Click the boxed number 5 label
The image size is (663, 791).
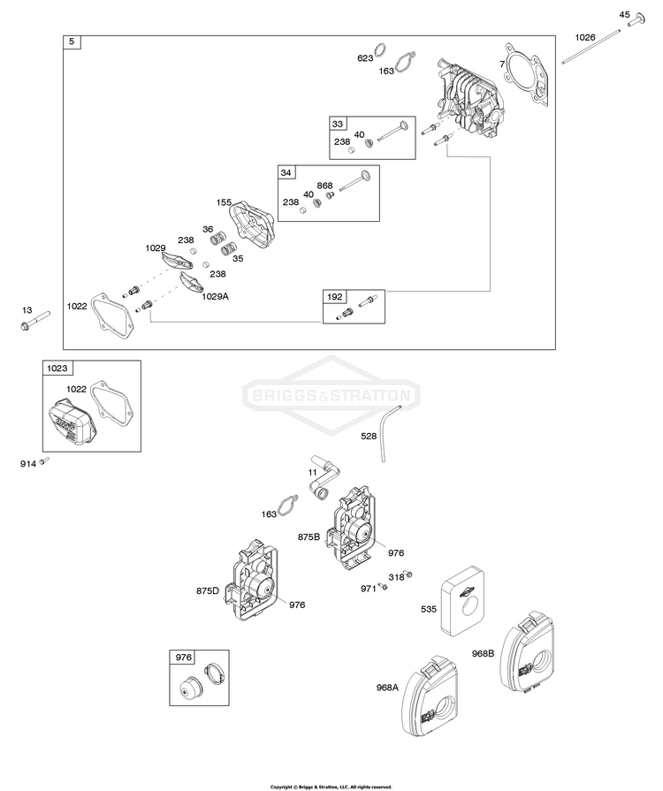pos(72,42)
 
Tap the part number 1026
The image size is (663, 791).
pos(585,37)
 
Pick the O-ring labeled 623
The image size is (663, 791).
pos(378,49)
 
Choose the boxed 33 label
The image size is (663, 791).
pos(338,123)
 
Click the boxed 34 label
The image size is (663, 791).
pos(286,172)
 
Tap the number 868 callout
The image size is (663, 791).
pos(325,185)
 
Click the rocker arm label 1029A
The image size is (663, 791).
pos(216,297)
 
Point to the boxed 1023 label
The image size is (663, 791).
pos(57,368)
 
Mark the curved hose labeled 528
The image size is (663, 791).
pos(386,432)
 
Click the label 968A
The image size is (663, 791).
pos(386,685)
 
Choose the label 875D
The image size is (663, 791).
pos(210,590)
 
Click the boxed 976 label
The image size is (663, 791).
pos(183,658)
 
